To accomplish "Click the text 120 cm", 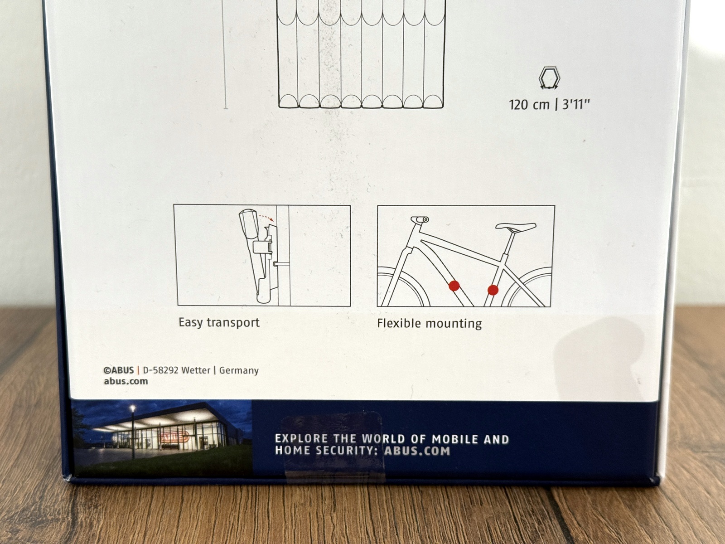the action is [529, 105].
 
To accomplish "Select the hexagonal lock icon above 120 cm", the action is [549, 78].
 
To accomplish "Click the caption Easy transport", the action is [219, 323].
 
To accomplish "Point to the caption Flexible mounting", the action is [430, 323].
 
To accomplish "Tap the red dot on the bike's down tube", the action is [454, 286].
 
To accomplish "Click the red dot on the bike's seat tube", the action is [493, 290].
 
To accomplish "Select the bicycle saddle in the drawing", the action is [516, 227].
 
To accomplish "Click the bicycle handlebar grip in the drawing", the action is [420, 219].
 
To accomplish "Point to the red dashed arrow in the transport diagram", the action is [266, 217].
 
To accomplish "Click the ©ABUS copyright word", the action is [119, 370].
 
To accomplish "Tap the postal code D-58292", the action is [160, 370].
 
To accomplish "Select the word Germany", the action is [239, 370].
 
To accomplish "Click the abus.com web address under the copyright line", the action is [126, 381].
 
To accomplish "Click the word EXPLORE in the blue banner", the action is [302, 438].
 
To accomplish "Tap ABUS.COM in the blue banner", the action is [417, 451].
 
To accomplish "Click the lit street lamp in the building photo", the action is [133, 408].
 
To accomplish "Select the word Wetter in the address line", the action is [196, 370].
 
